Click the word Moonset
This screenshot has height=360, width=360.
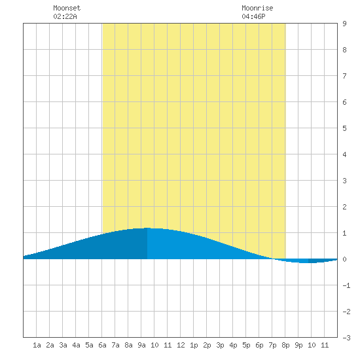(x=67, y=8)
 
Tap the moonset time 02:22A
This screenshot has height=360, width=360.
(x=65, y=16)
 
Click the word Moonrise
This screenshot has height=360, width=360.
(x=257, y=8)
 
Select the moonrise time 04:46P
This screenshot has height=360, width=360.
(x=253, y=16)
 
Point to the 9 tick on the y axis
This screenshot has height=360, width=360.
(x=344, y=24)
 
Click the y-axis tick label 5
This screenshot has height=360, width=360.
(x=344, y=128)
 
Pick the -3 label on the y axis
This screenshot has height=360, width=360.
(x=346, y=338)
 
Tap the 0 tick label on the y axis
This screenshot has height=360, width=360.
(x=344, y=259)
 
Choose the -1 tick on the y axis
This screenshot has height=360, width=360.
(x=346, y=285)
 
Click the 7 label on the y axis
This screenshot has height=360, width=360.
(x=344, y=76)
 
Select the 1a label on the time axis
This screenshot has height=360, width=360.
(x=37, y=345)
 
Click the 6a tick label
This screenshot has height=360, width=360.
(x=102, y=345)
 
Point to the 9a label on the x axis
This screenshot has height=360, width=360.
(x=141, y=345)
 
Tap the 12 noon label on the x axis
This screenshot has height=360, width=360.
(x=181, y=345)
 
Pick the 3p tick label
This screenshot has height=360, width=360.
(x=220, y=345)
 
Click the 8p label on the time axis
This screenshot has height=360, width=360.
(x=285, y=345)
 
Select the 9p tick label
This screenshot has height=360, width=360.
(x=298, y=345)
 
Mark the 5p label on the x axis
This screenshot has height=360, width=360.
(x=246, y=345)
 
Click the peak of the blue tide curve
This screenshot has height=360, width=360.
(x=147, y=228)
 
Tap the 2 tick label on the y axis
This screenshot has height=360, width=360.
(x=344, y=207)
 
